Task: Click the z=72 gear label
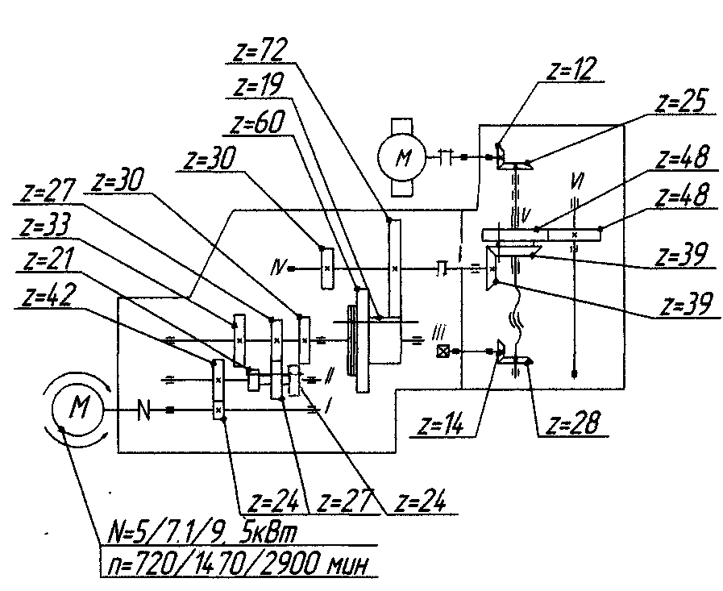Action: click(x=260, y=49)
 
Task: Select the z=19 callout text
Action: click(x=259, y=85)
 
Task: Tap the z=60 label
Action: click(x=257, y=123)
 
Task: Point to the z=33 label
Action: click(x=45, y=226)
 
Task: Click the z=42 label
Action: click(x=47, y=296)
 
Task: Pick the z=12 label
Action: click(x=571, y=69)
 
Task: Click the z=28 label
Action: click(x=573, y=422)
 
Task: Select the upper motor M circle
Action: click(x=401, y=157)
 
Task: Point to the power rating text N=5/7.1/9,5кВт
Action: click(x=202, y=532)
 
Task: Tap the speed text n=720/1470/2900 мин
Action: click(x=238, y=564)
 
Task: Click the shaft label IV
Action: click(x=279, y=268)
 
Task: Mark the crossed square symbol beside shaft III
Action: click(x=443, y=352)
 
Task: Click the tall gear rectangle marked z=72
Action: click(x=395, y=268)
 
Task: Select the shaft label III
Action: click(x=439, y=333)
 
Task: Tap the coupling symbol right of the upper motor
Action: click(x=445, y=157)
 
